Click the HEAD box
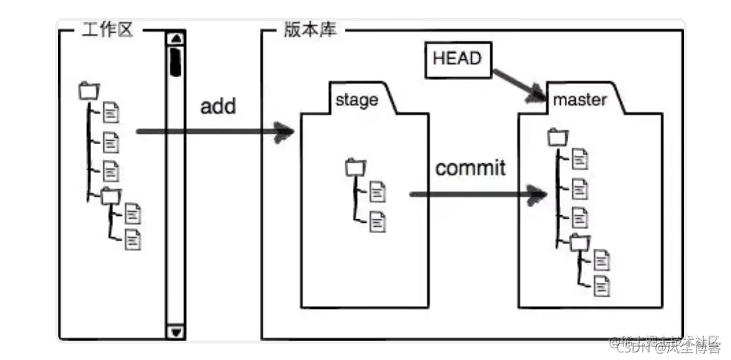(457, 59)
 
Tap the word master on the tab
(580, 100)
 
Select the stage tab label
(357, 100)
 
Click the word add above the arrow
(218, 106)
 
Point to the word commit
(471, 168)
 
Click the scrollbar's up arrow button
(177, 39)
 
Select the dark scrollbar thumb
(177, 60)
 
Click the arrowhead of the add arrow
(284, 132)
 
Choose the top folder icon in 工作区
(89, 90)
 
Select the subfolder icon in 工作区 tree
(110, 196)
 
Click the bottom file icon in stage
(378, 221)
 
